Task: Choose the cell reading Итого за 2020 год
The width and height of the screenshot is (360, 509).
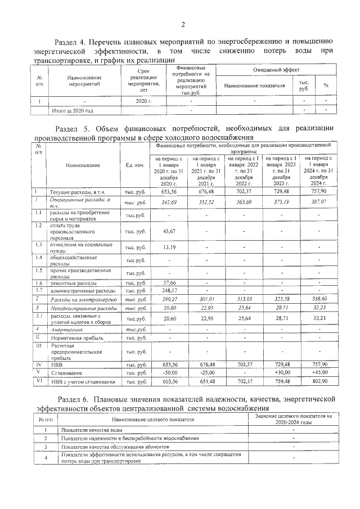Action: click(x=73, y=111)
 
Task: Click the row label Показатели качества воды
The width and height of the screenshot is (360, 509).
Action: click(x=92, y=430)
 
